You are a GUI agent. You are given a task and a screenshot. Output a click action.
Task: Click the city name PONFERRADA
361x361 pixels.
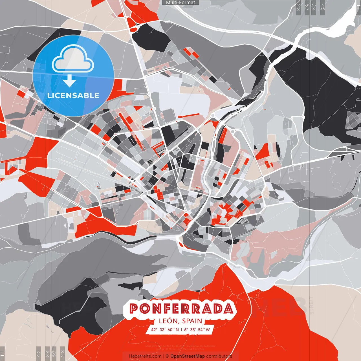click(x=181, y=309)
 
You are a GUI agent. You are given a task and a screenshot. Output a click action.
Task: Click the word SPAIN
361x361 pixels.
click(x=192, y=321)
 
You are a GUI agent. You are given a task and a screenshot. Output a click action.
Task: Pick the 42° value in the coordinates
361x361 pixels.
click(x=154, y=329)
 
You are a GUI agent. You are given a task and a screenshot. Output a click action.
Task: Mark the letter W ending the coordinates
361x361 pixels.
click(x=208, y=329)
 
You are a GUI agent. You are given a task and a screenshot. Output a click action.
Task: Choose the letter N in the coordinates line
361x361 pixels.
click(x=177, y=329)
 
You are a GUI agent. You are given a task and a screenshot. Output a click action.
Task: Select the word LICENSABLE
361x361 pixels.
click(x=73, y=95)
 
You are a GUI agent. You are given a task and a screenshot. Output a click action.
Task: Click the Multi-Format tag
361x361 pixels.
click(x=180, y=3)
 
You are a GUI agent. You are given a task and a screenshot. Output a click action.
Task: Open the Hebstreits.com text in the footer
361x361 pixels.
click(x=145, y=356)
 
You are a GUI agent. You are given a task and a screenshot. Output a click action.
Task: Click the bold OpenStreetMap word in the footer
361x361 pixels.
click(x=187, y=356)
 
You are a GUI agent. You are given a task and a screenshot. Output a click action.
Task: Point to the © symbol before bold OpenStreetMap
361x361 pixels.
click(x=167, y=356)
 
